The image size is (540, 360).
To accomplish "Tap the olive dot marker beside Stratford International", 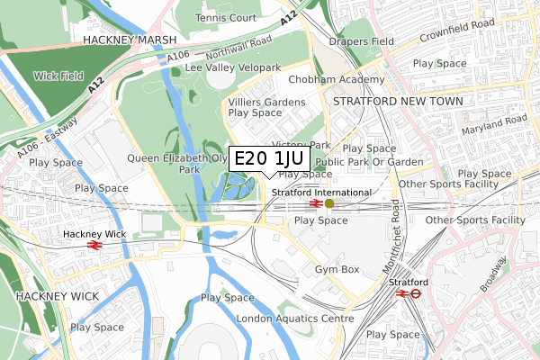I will (329, 203).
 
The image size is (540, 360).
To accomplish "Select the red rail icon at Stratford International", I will (316, 203).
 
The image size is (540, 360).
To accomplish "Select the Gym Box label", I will (337, 269).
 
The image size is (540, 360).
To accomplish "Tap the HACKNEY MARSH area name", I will (119, 40).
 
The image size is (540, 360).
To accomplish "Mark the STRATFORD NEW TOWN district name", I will (398, 102).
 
